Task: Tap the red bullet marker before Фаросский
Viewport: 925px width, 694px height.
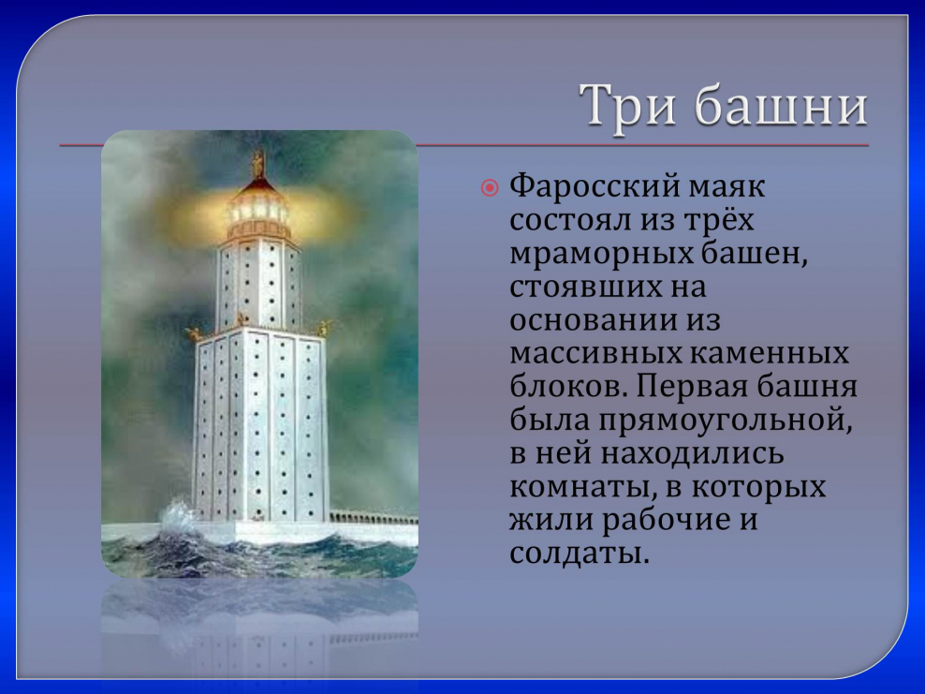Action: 490,188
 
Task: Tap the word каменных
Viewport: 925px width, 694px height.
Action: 768,353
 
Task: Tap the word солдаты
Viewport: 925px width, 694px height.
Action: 579,553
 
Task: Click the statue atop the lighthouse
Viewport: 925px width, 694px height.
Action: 257,164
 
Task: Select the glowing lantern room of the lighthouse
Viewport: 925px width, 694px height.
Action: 257,210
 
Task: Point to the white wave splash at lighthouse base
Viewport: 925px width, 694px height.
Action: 178,516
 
